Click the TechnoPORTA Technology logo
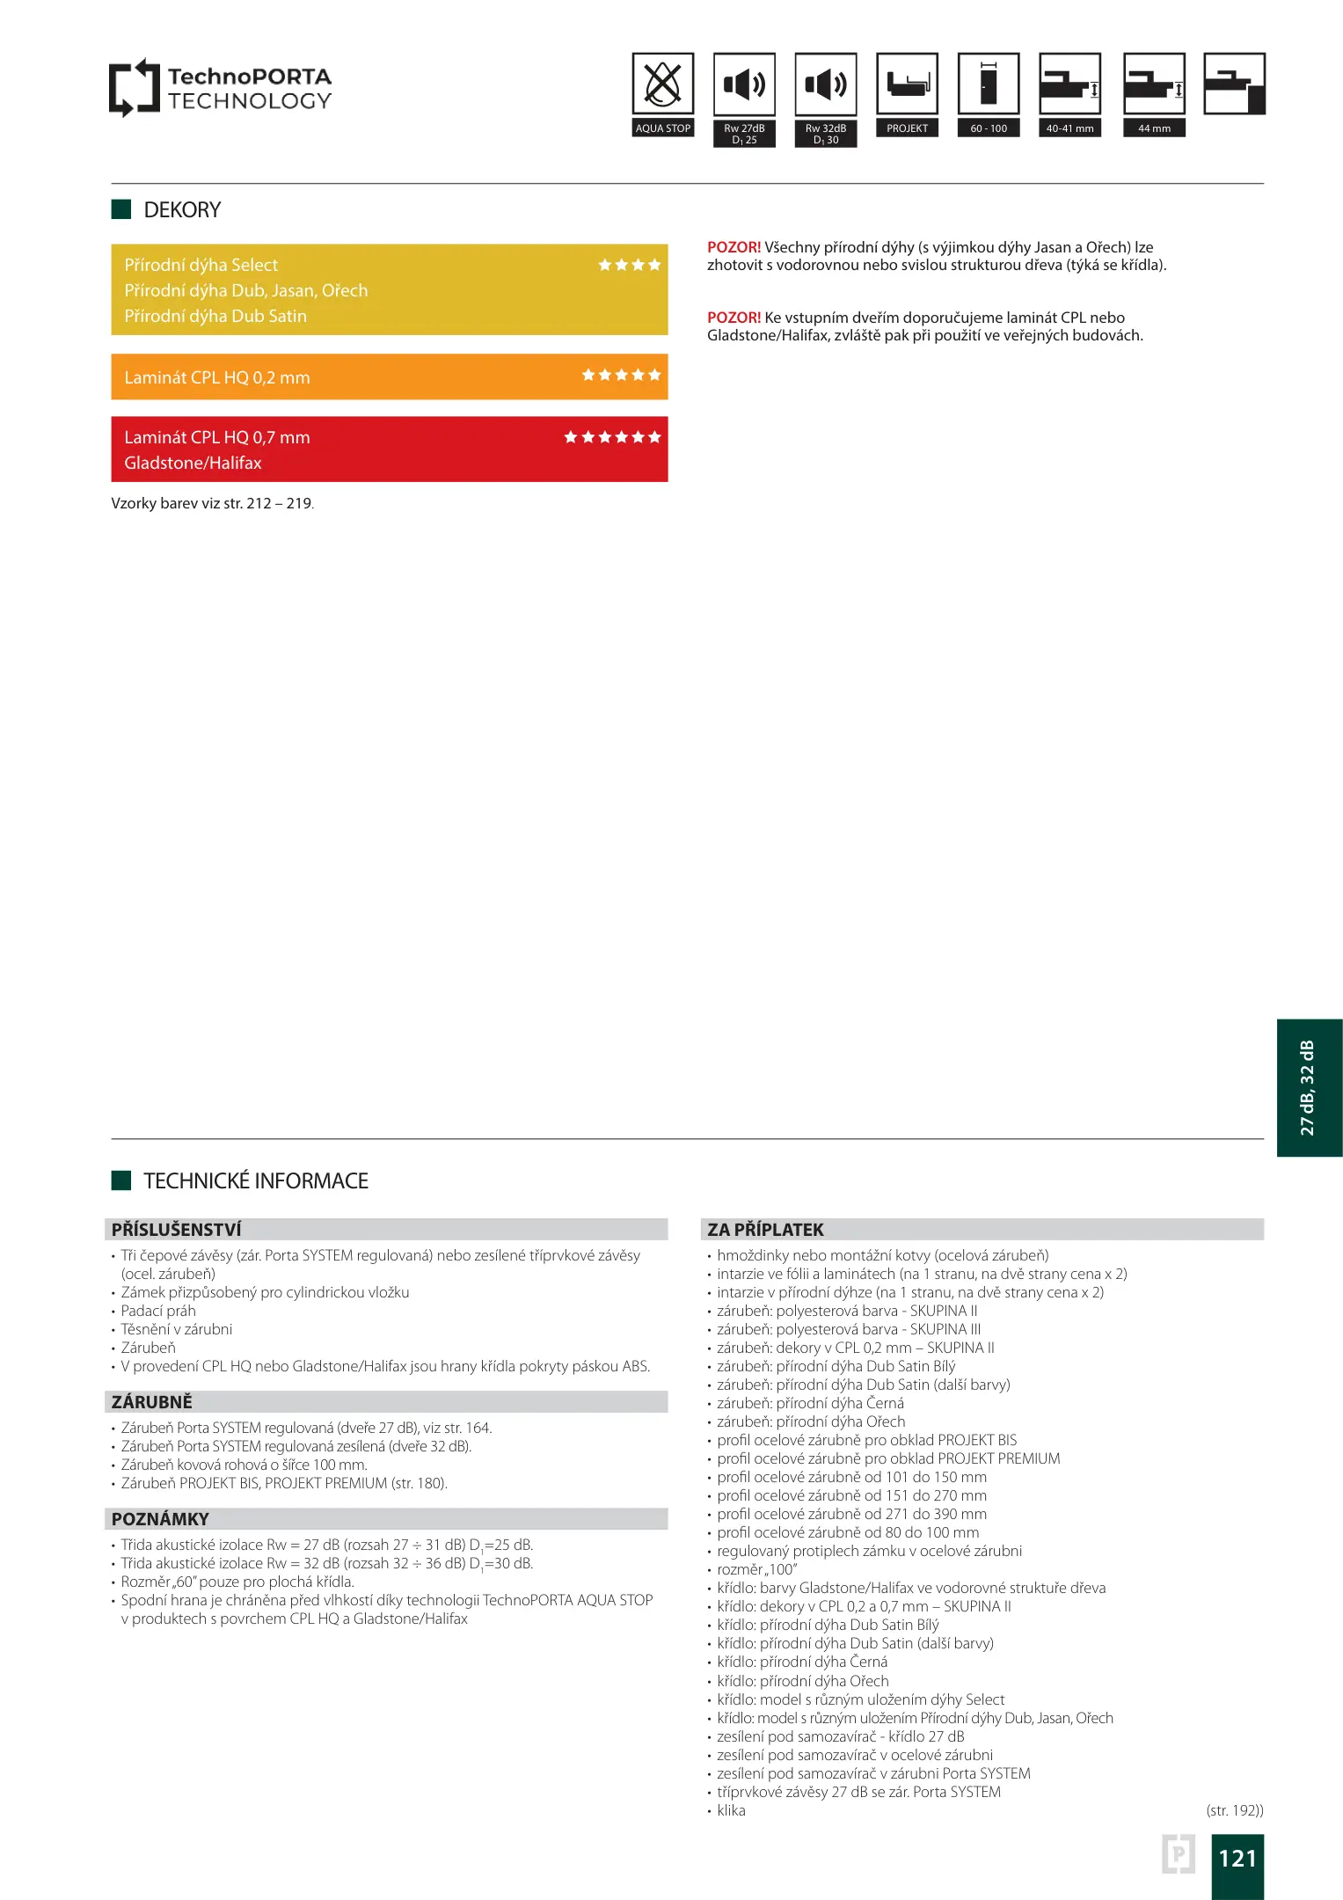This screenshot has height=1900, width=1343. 220,88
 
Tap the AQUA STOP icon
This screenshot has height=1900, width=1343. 663,85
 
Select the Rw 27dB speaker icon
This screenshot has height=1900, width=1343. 744,85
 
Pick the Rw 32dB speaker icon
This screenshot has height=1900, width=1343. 825,85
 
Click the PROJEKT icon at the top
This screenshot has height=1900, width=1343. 907,85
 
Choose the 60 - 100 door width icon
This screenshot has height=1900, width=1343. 989,85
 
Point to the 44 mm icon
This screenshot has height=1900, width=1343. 1154,85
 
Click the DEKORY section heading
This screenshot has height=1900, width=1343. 182,210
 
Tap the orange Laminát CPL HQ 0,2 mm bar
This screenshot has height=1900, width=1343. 389,377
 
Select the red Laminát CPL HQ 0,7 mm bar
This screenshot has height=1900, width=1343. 389,449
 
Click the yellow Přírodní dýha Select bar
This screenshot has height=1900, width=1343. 389,289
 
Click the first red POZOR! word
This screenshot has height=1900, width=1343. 734,248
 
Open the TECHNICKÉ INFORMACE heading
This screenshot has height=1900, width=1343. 255,1181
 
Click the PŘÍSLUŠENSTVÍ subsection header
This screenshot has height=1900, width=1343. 176,1230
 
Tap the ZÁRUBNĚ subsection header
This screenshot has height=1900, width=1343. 151,1402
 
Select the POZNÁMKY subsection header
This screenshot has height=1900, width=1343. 160,1519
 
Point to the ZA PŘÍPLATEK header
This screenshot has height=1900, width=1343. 765,1230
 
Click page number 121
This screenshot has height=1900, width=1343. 1237,1859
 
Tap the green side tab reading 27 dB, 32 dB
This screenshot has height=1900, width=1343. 1309,1088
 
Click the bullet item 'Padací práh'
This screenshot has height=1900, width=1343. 158,1311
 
